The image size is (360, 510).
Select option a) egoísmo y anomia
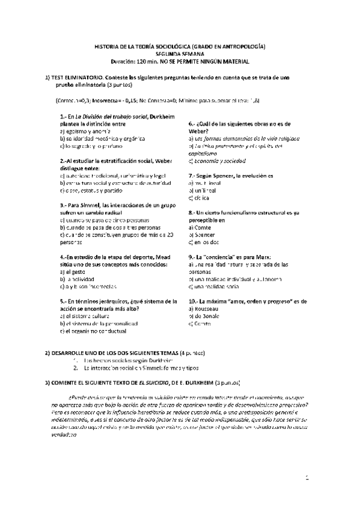pos(87,131)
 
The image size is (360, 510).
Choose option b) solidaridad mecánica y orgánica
pos(100,138)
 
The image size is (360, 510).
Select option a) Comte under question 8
pos(200,228)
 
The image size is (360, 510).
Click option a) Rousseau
pos(203,308)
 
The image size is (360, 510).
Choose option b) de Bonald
pos(204,315)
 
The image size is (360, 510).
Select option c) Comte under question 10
pos(200,323)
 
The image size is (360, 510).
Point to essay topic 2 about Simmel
pos(141,367)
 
